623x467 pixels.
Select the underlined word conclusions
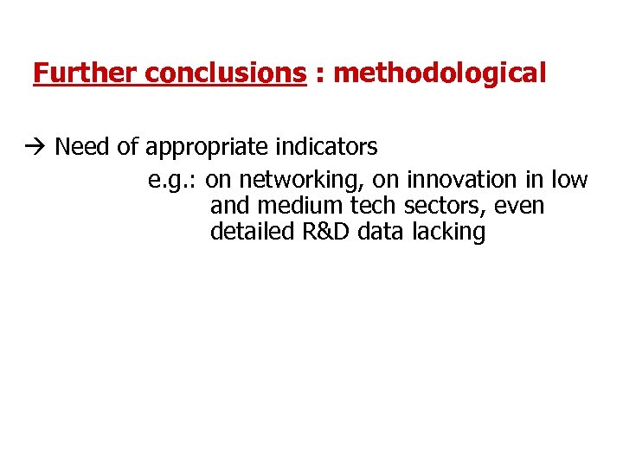pos(226,74)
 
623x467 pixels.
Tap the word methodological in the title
pos(440,74)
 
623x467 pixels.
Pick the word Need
pos(83,147)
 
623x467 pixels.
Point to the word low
pos(569,180)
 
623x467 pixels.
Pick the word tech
pos(374,206)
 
